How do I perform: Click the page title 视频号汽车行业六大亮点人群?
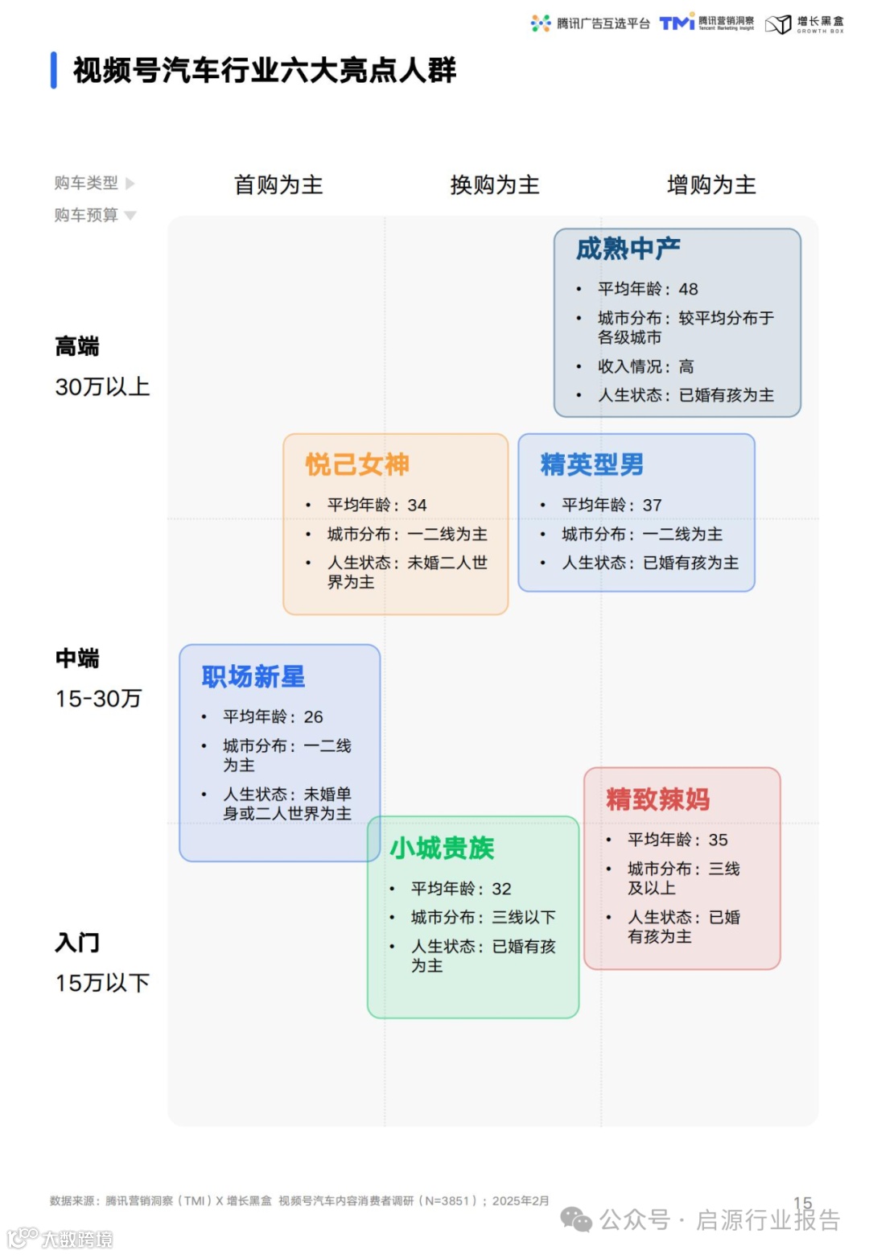[x=264, y=71]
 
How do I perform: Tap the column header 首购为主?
[x=278, y=185]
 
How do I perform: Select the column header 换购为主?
[x=495, y=185]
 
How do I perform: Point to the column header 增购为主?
[x=711, y=185]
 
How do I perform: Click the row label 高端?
[x=77, y=347]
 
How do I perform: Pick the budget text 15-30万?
[x=98, y=699]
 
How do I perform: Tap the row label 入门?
[x=77, y=943]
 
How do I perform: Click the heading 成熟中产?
[x=628, y=250]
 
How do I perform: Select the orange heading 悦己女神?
[x=357, y=464]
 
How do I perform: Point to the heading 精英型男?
[x=591, y=464]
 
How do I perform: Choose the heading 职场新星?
[x=253, y=677]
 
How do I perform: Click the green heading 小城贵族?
[x=442, y=848]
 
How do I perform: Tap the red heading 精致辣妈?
[x=657, y=799]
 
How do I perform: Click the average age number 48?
[x=688, y=289]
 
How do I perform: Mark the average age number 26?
[x=313, y=716]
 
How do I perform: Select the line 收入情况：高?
[x=645, y=366]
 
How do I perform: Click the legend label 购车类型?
[x=86, y=184]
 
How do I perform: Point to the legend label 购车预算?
[x=86, y=215]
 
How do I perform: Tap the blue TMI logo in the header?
[x=677, y=23]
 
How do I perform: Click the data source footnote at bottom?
[x=299, y=1201]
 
